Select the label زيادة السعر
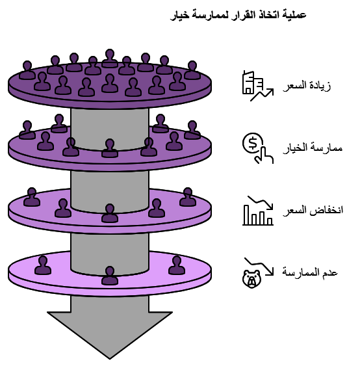pyautogui.click(x=307, y=86)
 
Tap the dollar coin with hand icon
pyautogui.click(x=256, y=147)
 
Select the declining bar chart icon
pyautogui.click(x=257, y=210)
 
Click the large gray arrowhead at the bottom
pyautogui.click(x=109, y=325)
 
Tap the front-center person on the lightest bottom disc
pyautogui.click(x=110, y=276)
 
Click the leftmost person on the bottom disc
pyautogui.click(x=43, y=265)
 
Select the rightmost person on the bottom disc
pyautogui.click(x=177, y=265)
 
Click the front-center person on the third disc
pyautogui.click(x=110, y=213)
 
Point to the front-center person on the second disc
pyautogui.click(x=110, y=149)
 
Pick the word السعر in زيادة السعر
pyautogui.click(x=294, y=86)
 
